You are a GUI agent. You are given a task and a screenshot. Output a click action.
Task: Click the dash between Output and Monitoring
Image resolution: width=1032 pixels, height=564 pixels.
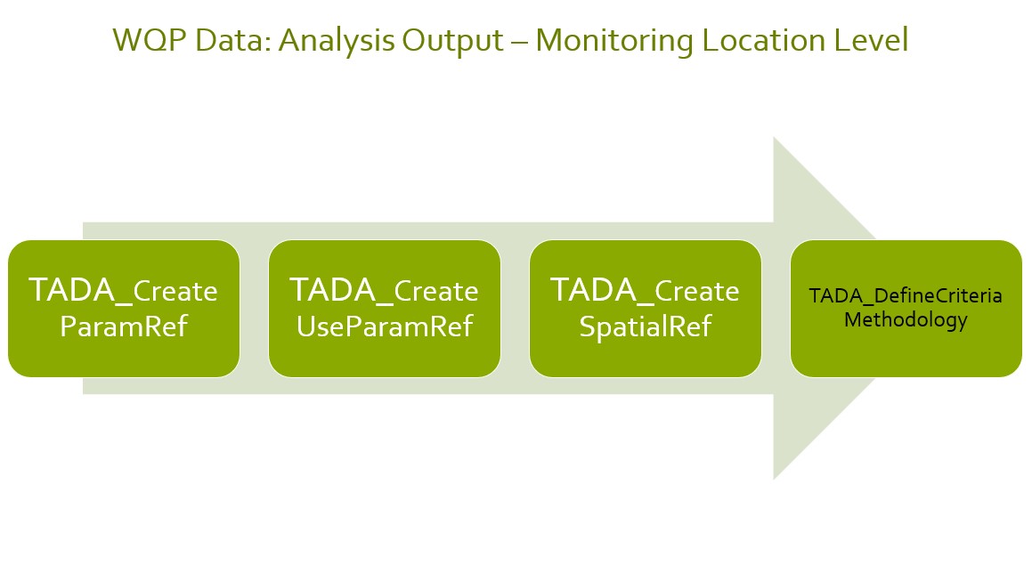[519, 43]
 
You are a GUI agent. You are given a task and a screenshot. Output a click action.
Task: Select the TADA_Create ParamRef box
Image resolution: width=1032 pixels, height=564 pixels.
[124, 309]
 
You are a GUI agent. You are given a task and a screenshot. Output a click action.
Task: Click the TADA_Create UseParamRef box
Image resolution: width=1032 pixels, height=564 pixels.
[385, 309]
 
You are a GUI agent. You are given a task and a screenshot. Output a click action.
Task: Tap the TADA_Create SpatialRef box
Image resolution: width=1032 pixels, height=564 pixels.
[646, 309]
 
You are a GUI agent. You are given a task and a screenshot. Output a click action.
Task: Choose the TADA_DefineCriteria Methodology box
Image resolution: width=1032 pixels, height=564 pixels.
[906, 309]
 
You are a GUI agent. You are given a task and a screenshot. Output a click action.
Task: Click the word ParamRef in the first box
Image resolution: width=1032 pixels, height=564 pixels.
[124, 326]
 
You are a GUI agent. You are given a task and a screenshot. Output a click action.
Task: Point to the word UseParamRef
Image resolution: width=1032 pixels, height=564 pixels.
[385, 326]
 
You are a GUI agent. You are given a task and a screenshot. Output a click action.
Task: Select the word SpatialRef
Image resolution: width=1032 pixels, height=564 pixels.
[646, 326]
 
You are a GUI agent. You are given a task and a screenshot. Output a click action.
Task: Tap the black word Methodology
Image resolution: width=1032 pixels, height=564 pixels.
[906, 321]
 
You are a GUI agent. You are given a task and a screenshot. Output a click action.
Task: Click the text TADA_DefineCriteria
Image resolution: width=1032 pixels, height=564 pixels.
[906, 296]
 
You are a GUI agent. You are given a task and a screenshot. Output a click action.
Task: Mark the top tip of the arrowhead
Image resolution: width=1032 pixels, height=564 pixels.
[774, 137]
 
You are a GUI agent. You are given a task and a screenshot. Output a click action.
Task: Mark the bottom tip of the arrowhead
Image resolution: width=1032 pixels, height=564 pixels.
[774, 479]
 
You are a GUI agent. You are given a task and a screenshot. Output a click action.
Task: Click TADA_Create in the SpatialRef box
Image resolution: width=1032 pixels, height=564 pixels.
[645, 291]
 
